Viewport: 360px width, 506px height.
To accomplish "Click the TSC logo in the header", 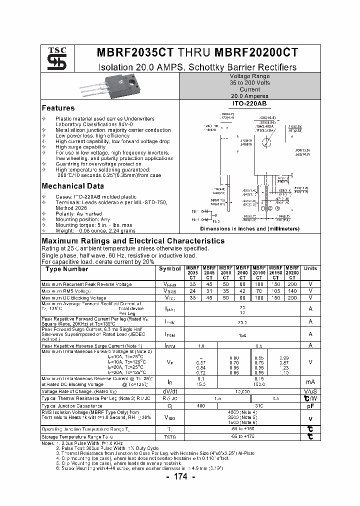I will tap(53, 58).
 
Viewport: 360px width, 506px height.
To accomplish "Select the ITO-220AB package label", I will tap(249, 103).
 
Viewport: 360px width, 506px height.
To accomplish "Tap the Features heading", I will tap(58, 108).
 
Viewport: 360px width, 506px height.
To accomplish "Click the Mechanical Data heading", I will tap(72, 186).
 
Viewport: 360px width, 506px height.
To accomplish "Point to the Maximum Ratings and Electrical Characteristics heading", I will tap(132, 240).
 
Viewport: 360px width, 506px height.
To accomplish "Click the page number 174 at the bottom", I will tap(180, 477).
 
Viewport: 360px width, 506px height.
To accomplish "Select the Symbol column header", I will tap(170, 268).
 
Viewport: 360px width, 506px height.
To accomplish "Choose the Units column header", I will tap(310, 268).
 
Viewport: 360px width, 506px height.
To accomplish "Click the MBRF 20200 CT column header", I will tap(292, 272).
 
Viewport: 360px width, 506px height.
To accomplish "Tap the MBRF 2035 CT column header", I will tap(193, 272).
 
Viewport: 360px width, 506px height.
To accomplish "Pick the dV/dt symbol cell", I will tap(170, 391).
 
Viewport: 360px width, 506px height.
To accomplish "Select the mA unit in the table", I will tap(310, 381).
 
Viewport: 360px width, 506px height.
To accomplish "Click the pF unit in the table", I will tap(310, 406).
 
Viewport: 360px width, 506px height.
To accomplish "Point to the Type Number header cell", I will tap(66, 269).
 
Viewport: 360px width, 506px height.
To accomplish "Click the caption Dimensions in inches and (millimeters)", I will tap(249, 228).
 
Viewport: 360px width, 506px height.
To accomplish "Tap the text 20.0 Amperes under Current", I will tap(249, 96).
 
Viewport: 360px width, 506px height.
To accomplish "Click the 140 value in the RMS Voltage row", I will tap(292, 290).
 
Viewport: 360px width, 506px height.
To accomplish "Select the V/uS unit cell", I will tap(310, 391).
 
